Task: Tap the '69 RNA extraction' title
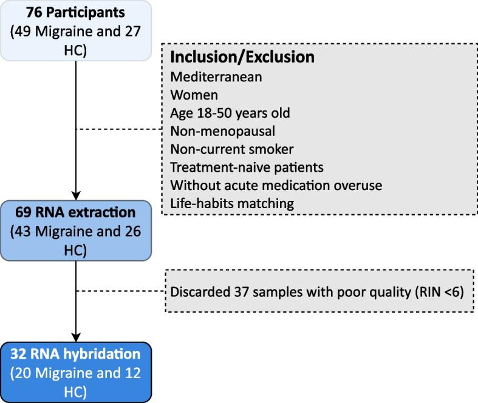tap(76, 212)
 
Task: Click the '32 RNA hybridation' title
tap(76, 354)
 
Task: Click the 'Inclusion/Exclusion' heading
tap(242, 58)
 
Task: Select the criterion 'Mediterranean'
tap(207, 78)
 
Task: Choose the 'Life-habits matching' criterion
tap(232, 203)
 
